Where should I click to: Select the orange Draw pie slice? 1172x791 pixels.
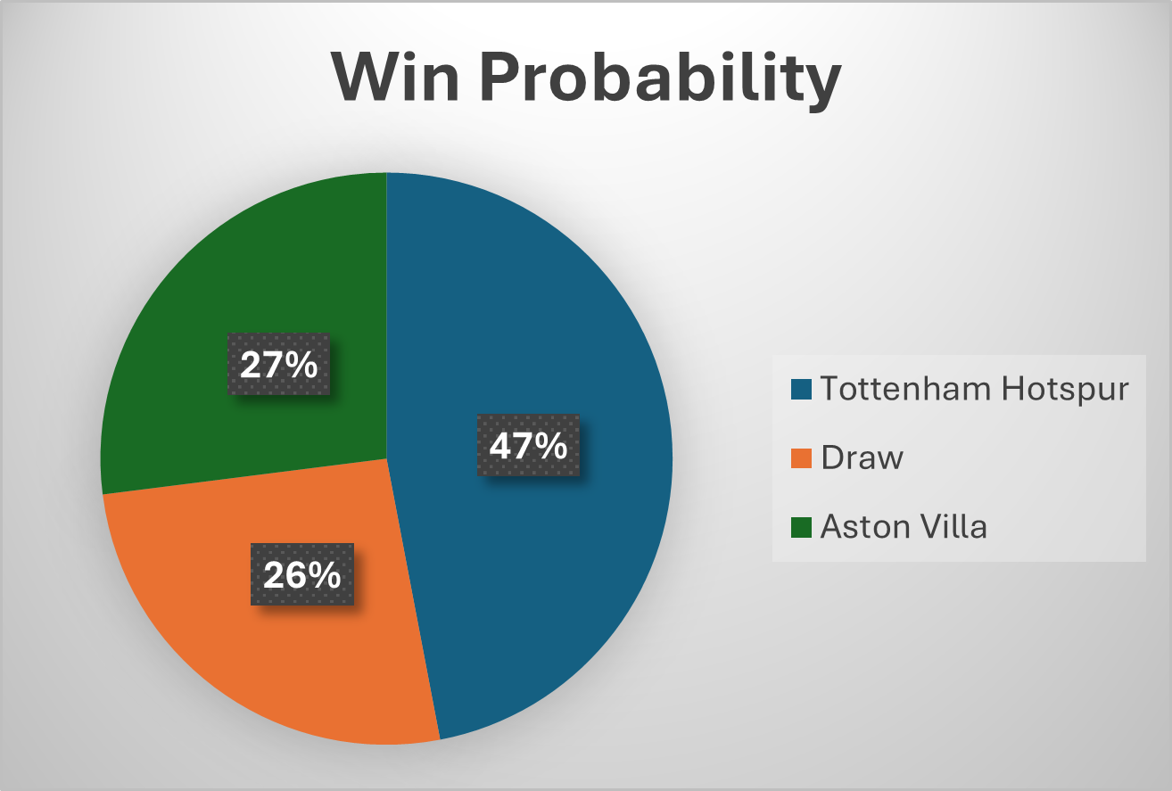268,642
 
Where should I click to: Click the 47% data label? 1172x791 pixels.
528,445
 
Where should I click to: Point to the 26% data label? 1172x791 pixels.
301,575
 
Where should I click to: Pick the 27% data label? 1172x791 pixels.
278,365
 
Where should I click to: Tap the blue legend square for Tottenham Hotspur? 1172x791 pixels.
801,390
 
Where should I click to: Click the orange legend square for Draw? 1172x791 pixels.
801,458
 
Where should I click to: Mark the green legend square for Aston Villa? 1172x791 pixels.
801,527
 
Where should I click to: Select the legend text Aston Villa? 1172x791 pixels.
904,527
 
